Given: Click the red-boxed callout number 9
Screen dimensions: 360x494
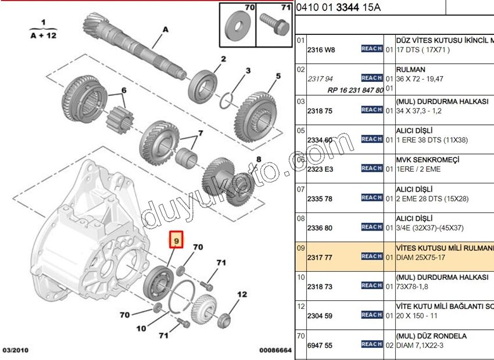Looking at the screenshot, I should (x=176, y=239).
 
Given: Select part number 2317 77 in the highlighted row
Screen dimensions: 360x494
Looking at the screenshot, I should (x=320, y=258).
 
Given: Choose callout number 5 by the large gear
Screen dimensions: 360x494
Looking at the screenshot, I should (x=278, y=76).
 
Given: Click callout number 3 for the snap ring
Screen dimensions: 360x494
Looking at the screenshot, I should (x=248, y=71).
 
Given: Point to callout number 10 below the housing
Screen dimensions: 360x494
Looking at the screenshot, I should (x=141, y=329).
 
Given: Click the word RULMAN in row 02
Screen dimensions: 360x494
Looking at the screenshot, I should (x=410, y=70).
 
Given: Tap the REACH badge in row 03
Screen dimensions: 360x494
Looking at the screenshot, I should (x=371, y=110).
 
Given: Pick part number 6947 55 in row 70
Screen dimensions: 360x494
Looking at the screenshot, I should (x=320, y=345).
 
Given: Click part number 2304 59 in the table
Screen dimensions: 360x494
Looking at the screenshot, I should (x=320, y=316).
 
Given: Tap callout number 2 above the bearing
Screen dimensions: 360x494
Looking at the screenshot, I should (x=223, y=59).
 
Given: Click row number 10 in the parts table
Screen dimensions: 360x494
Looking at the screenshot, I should (x=300, y=277).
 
